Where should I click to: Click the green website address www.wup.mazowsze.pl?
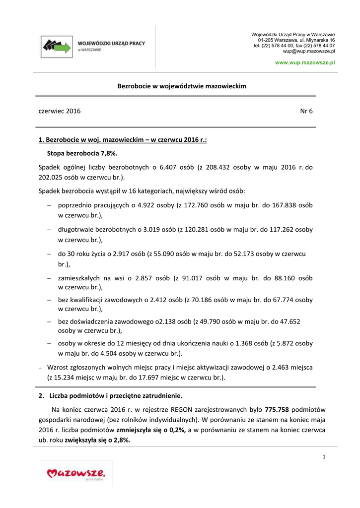(x=305, y=63)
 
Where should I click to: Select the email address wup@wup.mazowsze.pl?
(x=309, y=51)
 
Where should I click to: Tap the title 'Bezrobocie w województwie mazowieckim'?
(x=182, y=86)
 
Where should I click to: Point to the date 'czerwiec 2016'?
(x=60, y=111)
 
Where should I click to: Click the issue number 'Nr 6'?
(x=306, y=111)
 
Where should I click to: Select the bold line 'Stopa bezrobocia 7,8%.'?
(x=82, y=154)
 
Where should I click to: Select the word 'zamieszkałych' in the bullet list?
(x=78, y=278)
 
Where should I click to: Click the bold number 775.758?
(x=277, y=409)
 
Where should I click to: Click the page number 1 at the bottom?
(x=323, y=456)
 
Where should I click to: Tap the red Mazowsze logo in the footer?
(x=76, y=474)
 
